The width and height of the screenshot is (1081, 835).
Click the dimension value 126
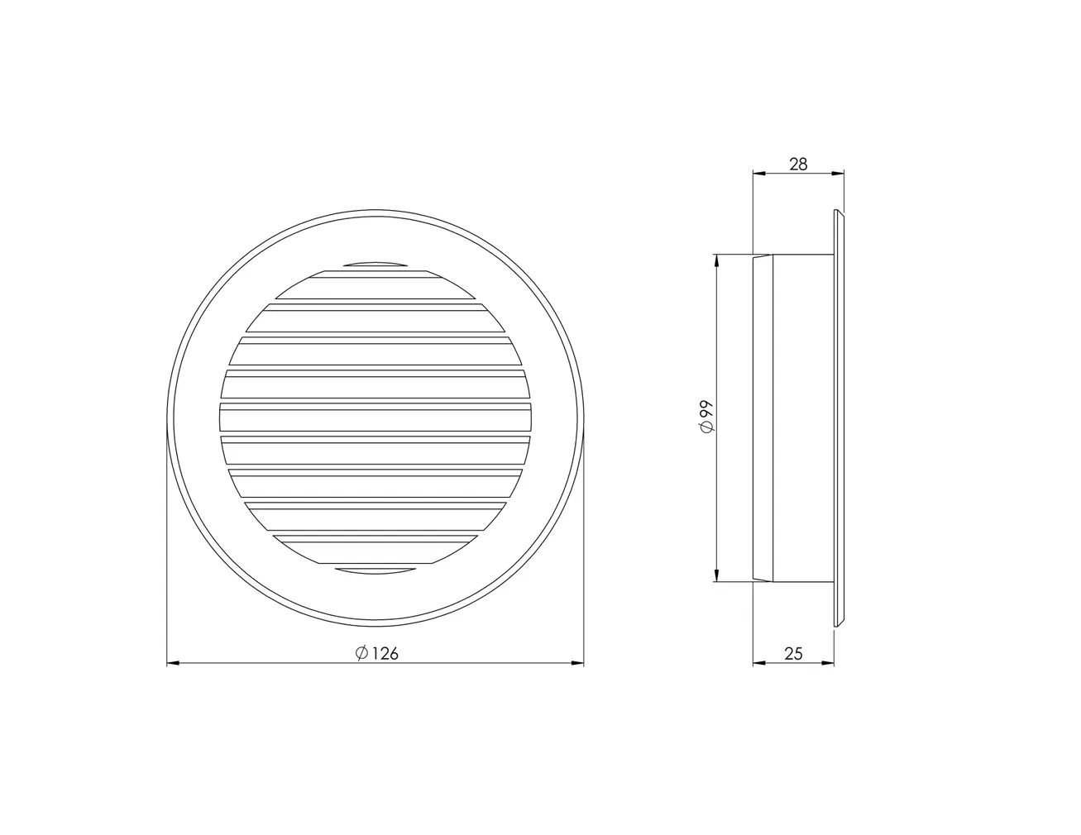click(385, 653)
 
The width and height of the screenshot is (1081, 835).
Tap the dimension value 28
click(797, 164)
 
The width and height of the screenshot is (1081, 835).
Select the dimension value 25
click(793, 653)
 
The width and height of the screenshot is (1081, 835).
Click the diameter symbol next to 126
click(361, 653)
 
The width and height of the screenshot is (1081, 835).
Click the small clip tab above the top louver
click(375, 265)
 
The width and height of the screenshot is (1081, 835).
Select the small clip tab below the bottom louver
click(375, 570)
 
